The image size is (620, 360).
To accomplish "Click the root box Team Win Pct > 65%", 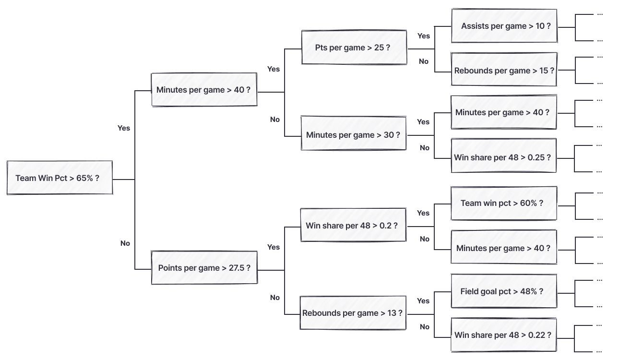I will click(x=60, y=178).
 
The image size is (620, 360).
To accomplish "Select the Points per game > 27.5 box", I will click(x=204, y=268).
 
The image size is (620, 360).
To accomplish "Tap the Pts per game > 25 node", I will click(x=354, y=48).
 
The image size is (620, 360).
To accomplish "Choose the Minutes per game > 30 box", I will click(x=353, y=135).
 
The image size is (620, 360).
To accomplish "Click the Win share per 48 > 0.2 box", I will click(x=353, y=225).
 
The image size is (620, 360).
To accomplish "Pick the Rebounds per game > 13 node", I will click(x=353, y=313).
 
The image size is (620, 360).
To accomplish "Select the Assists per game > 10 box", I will click(x=504, y=26).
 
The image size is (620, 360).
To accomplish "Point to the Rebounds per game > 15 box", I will click(x=504, y=70).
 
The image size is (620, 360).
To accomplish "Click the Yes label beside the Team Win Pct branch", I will click(x=124, y=128).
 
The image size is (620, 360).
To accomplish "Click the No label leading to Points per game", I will click(x=125, y=243).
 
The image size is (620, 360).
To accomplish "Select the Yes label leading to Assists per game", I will click(x=424, y=36).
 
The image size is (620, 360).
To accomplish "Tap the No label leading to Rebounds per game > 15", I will click(x=424, y=61).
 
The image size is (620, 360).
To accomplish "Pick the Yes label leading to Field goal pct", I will click(x=423, y=301).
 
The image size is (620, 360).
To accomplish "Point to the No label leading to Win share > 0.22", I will click(x=425, y=327).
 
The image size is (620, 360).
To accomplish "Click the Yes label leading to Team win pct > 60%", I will click(x=423, y=213).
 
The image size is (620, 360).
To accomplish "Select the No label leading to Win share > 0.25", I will click(x=425, y=148).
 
